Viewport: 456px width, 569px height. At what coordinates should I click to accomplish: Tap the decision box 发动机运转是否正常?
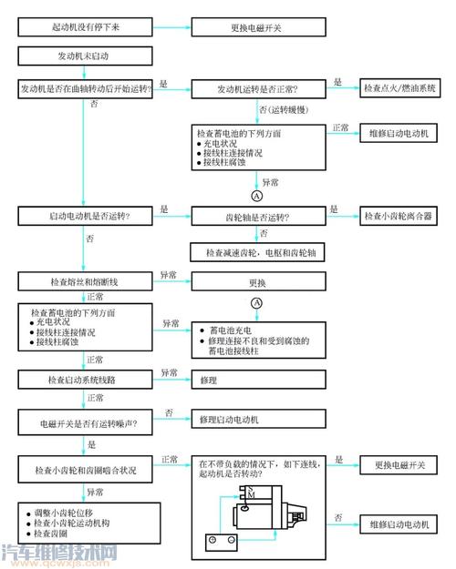click(x=257, y=89)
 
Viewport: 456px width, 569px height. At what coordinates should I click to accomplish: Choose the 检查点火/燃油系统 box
click(x=399, y=89)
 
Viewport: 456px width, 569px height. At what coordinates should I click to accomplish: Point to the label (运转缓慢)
click(x=285, y=109)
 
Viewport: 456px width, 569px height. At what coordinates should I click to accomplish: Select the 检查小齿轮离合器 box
click(x=398, y=216)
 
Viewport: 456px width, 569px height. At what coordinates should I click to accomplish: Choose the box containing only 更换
click(x=257, y=282)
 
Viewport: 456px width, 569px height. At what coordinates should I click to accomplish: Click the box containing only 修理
click(x=257, y=376)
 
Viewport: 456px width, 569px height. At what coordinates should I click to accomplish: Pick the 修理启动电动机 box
click(x=257, y=421)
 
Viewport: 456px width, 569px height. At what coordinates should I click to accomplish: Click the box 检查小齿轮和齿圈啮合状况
click(x=86, y=471)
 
